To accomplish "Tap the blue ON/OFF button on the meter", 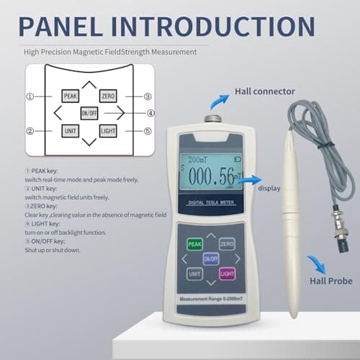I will tap(210, 259).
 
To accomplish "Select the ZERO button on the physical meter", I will tap(227, 245).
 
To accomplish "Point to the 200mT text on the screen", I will tap(197, 159).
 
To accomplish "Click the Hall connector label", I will tap(265, 92).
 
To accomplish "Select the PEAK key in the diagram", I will tap(71, 96).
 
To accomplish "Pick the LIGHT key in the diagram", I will tap(108, 130).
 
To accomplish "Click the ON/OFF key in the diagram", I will tap(89, 112).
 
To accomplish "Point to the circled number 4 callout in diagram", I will tap(150, 112).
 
